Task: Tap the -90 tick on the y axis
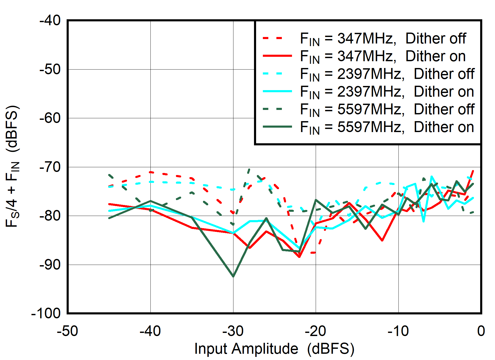tap(50, 265)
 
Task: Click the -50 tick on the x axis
tap(67, 331)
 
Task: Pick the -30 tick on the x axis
tap(233, 331)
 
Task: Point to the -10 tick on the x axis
tap(398, 331)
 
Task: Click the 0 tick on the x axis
tap(481, 331)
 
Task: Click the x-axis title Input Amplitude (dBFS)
tap(274, 349)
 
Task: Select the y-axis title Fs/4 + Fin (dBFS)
tap(12, 167)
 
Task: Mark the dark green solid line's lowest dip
tap(233, 276)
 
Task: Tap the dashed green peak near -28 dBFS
tap(249, 169)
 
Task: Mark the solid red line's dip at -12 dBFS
tap(382, 240)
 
